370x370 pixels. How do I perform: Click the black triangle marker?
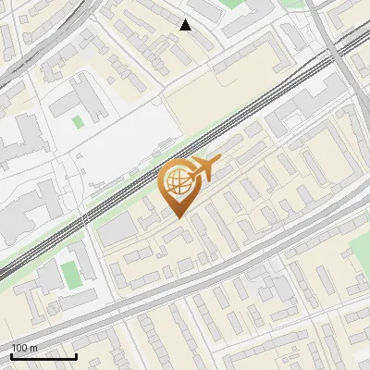click(186, 25)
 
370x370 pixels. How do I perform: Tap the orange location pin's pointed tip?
click(178, 216)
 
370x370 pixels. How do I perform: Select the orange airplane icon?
click(206, 168)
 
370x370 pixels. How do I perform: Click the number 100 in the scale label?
click(19, 348)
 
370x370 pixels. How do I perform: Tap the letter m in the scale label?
click(33, 348)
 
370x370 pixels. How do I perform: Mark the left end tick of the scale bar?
click(11, 356)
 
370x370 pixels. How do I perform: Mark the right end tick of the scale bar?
click(76, 356)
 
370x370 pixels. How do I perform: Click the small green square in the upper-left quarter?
click(78, 120)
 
